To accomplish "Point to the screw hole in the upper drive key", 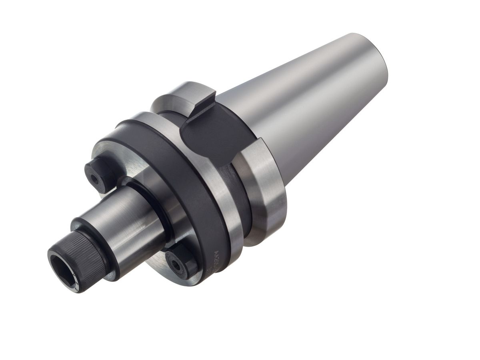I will click(95, 180).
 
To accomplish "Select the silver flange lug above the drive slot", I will click(184, 96).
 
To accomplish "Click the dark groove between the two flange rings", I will click(240, 192).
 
